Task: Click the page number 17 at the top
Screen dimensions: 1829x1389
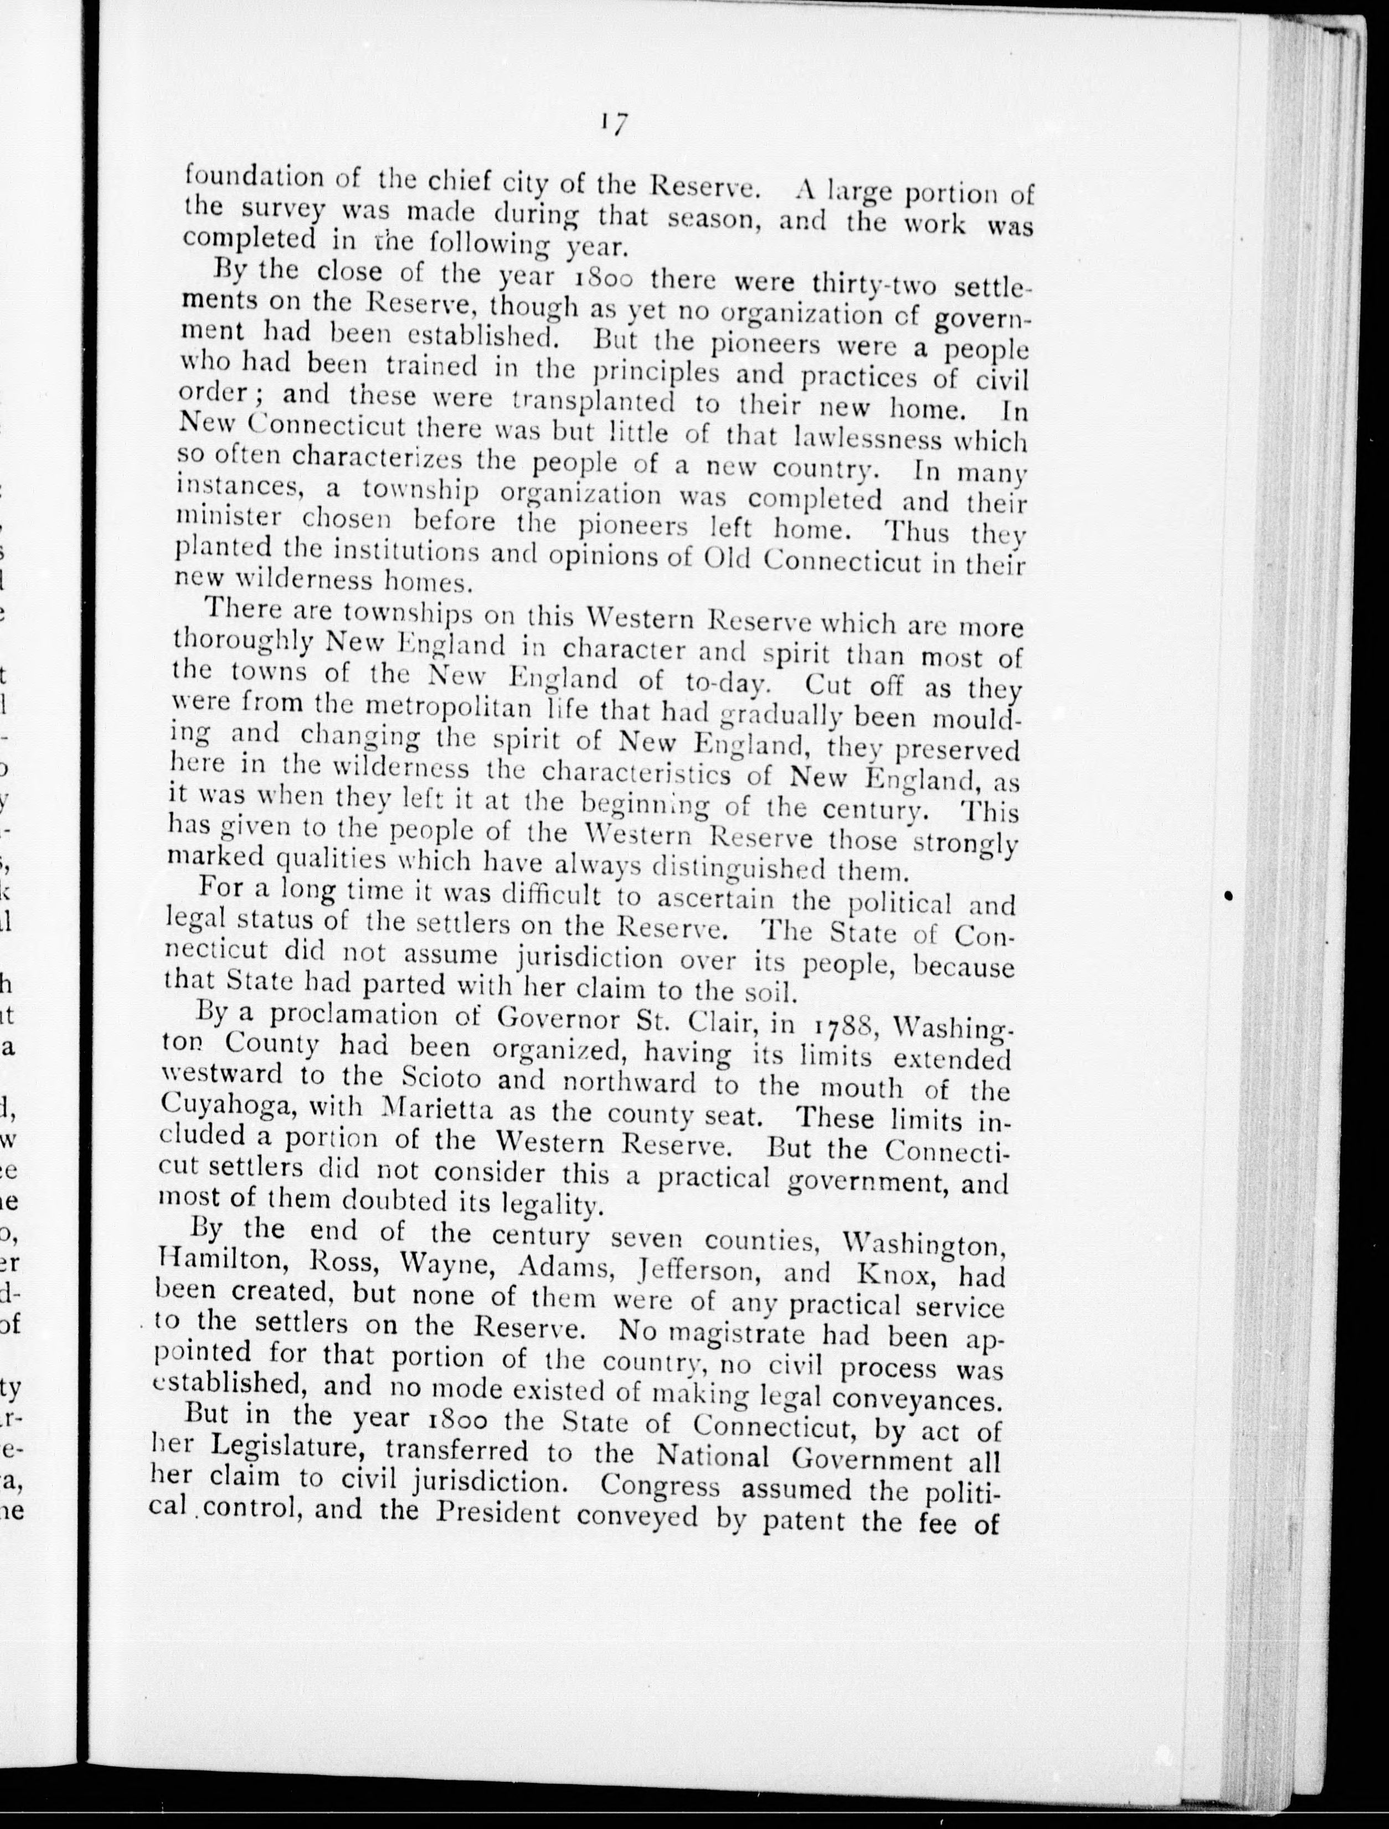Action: [x=613, y=126]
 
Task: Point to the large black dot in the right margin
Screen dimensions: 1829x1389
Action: [x=1229, y=896]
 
